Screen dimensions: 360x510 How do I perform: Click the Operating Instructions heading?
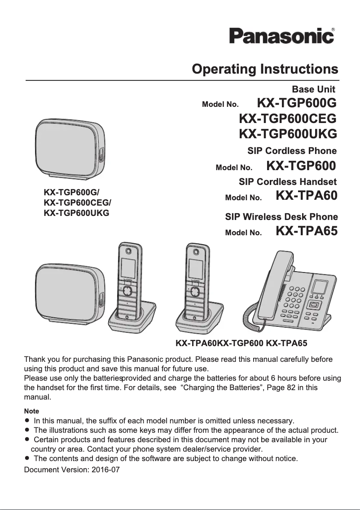point(264,69)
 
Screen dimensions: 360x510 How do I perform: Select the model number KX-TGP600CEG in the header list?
point(288,119)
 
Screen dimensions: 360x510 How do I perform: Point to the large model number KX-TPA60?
point(306,196)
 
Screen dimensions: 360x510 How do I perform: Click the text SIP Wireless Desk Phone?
point(281,217)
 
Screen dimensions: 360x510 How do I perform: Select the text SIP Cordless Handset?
point(287,182)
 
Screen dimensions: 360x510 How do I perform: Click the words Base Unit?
point(313,89)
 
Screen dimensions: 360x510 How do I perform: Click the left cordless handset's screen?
point(127,268)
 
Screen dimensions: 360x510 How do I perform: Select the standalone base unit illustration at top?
point(70,148)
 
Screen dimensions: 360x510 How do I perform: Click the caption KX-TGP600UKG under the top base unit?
point(76,212)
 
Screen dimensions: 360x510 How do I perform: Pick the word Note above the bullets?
point(31,411)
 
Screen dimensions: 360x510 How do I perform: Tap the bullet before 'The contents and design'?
point(27,459)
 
